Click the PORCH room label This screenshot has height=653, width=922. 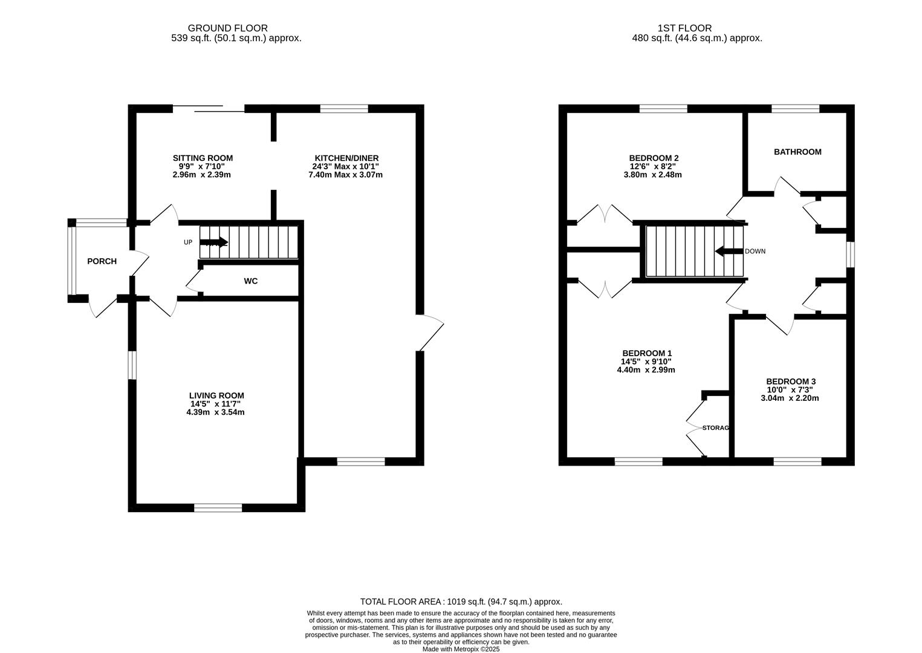(102, 261)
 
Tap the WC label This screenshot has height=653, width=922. (251, 281)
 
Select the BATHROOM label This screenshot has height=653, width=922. (797, 152)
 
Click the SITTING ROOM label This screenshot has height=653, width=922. (203, 158)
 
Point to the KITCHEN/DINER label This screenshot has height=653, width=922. (346, 158)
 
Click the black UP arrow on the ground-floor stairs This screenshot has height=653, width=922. (213, 242)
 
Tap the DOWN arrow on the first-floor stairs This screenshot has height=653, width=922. (729, 251)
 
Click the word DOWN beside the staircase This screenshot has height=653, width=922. (755, 251)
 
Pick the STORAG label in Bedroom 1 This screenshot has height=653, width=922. (715, 428)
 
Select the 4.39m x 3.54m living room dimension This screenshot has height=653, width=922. (215, 412)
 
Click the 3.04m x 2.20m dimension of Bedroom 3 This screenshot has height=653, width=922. (790, 398)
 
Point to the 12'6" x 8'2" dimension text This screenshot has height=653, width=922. (652, 166)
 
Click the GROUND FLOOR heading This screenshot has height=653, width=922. (227, 28)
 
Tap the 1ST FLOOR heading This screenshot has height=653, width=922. (684, 28)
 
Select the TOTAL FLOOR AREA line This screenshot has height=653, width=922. (461, 602)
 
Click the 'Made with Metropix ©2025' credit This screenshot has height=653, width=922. (461, 649)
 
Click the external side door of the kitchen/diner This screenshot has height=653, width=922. (430, 333)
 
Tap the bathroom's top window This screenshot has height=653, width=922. (795, 109)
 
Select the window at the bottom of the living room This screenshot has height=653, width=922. (218, 508)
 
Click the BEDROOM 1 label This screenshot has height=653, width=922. (647, 353)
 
